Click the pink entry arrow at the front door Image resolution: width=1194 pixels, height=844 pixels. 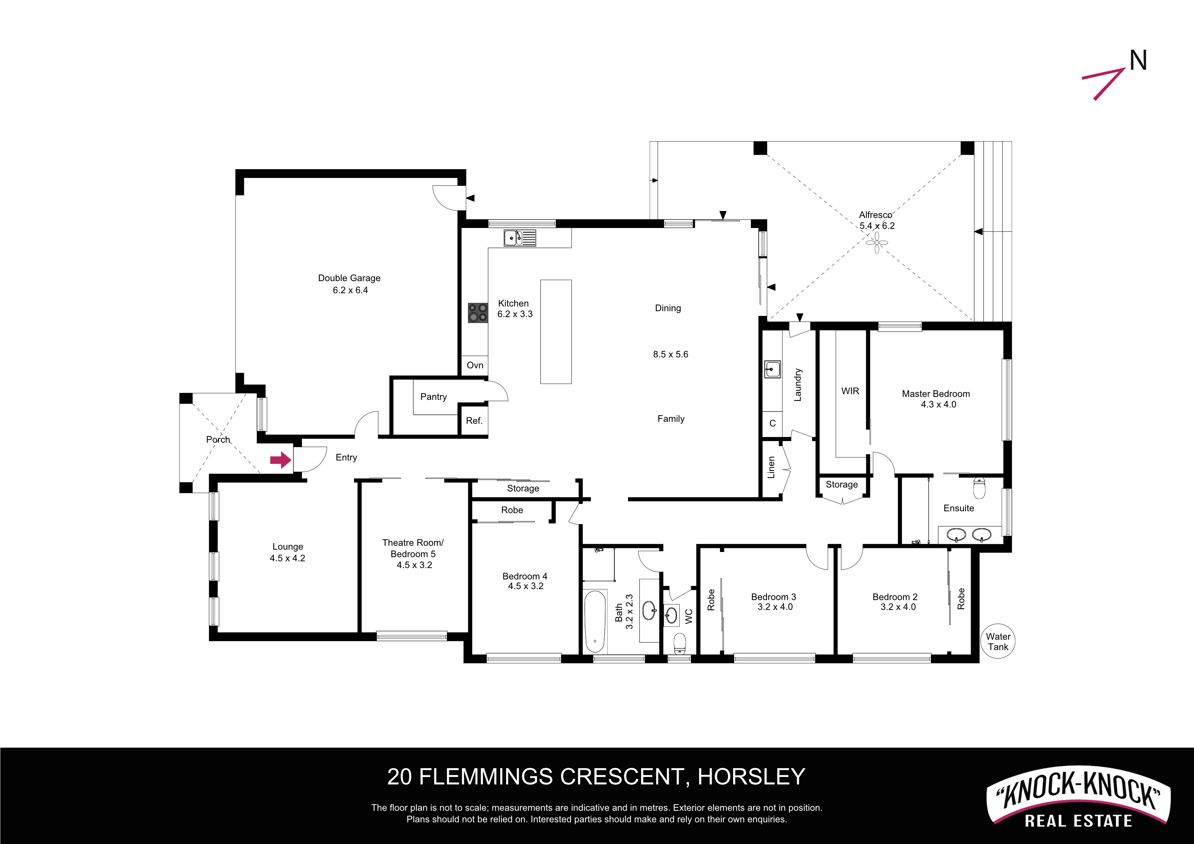tap(280, 460)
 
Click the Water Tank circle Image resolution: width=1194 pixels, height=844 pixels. tap(998, 641)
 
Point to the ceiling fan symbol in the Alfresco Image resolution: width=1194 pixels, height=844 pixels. tap(877, 242)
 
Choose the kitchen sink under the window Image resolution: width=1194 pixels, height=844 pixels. tap(519, 238)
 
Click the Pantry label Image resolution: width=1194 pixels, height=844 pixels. tap(433, 397)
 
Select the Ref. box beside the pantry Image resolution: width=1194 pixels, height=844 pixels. tap(474, 420)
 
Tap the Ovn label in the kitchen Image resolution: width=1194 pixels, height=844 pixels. tap(475, 365)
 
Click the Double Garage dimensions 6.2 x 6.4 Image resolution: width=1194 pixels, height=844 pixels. tap(350, 290)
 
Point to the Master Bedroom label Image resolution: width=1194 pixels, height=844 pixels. tap(936, 394)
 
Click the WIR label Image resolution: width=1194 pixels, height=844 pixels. tap(850, 391)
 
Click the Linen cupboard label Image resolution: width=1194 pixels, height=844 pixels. tap(771, 467)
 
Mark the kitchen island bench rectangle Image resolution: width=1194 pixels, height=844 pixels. tap(556, 332)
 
